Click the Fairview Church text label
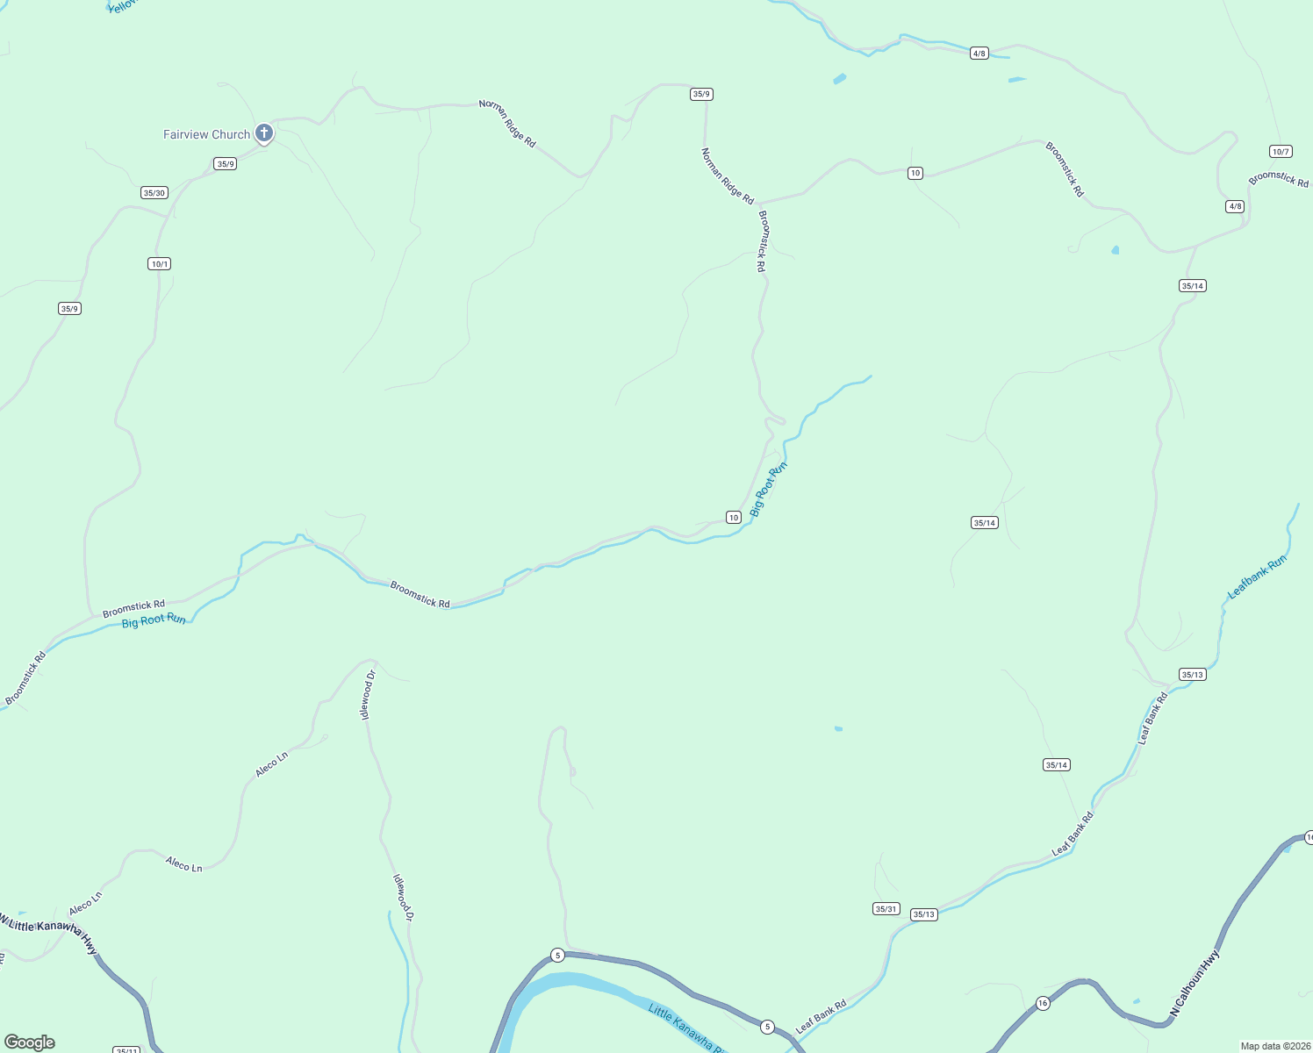(206, 134)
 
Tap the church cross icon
(264, 133)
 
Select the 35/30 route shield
(154, 193)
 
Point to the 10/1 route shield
(159, 264)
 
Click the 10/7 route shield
(1281, 152)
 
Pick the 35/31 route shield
(886, 909)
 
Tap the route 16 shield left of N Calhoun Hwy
(1043, 1003)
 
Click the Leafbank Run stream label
(1257, 577)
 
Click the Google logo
(30, 1042)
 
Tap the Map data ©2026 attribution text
(1275, 1046)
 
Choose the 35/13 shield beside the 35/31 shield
(924, 914)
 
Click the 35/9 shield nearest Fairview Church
(226, 164)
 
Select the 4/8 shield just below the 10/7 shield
(1235, 207)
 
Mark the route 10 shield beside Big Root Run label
(734, 518)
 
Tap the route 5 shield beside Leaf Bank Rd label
(767, 1027)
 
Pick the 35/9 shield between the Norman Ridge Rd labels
(701, 94)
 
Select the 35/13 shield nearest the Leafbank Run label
(1192, 675)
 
